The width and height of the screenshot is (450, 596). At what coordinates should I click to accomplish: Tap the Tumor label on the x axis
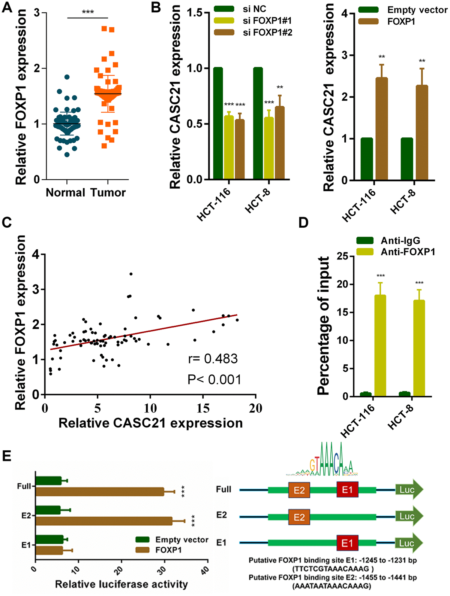[x=108, y=192]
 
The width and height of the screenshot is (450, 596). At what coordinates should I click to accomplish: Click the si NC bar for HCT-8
[x=258, y=124]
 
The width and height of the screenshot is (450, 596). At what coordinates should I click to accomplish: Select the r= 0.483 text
[x=213, y=359]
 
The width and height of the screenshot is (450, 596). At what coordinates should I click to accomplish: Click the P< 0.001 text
[x=214, y=380]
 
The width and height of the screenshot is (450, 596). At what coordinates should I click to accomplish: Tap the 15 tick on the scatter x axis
[x=203, y=408]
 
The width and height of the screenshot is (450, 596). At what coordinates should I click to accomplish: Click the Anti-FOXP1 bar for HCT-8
[x=419, y=348]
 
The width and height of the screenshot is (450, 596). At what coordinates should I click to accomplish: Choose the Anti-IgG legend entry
[x=400, y=241]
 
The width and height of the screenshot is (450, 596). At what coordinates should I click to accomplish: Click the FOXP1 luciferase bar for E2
[x=104, y=521]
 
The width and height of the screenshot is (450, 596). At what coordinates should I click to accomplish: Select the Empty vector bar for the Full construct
[x=48, y=481]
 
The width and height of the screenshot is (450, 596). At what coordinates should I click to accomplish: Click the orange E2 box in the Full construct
[x=299, y=490]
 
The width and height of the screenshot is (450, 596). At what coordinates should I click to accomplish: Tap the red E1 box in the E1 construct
[x=347, y=543]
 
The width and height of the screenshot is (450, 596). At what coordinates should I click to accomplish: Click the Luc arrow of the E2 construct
[x=408, y=516]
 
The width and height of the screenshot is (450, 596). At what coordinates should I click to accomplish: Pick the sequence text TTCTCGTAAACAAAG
[x=333, y=569]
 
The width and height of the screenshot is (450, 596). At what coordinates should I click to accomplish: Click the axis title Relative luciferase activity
[x=121, y=584]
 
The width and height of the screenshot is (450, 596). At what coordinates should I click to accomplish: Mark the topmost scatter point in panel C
[x=131, y=274]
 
